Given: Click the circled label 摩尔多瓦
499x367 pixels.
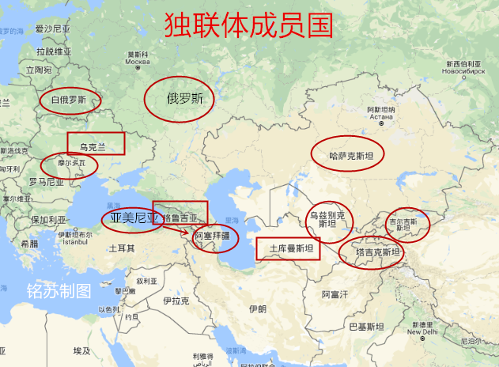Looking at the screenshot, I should coord(70,165).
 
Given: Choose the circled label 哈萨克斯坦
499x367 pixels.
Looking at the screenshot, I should coord(346,154).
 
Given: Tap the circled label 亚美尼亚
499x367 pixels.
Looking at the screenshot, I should coord(131,218).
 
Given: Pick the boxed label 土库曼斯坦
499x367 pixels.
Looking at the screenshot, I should coord(288,249).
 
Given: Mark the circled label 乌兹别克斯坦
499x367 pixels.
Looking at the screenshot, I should coord(327,219).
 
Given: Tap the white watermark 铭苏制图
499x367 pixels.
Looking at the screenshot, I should coord(59,290).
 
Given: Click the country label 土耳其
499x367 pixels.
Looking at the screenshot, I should coord(121,248).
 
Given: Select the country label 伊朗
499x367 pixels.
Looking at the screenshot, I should coord(256,309).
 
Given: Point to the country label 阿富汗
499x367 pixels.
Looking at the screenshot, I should coord(335,294).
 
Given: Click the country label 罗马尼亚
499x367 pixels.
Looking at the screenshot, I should coord(45,181).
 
